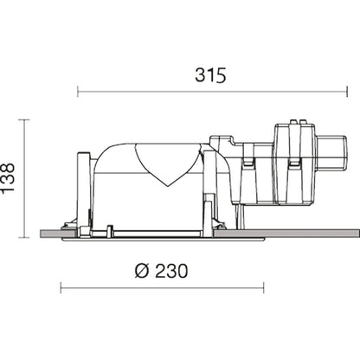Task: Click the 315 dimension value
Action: pos(210,75)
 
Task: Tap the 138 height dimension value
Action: pos(8,177)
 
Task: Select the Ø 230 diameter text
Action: pos(161,271)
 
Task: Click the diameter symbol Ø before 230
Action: pos(142,271)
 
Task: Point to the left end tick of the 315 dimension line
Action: pos(78,92)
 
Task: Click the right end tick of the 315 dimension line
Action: pos(347,92)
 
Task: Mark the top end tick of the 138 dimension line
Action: pos(24,119)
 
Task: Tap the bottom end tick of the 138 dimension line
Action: pos(24,238)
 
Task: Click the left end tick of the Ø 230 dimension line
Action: pos(61,288)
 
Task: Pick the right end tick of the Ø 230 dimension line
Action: pos(264,288)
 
